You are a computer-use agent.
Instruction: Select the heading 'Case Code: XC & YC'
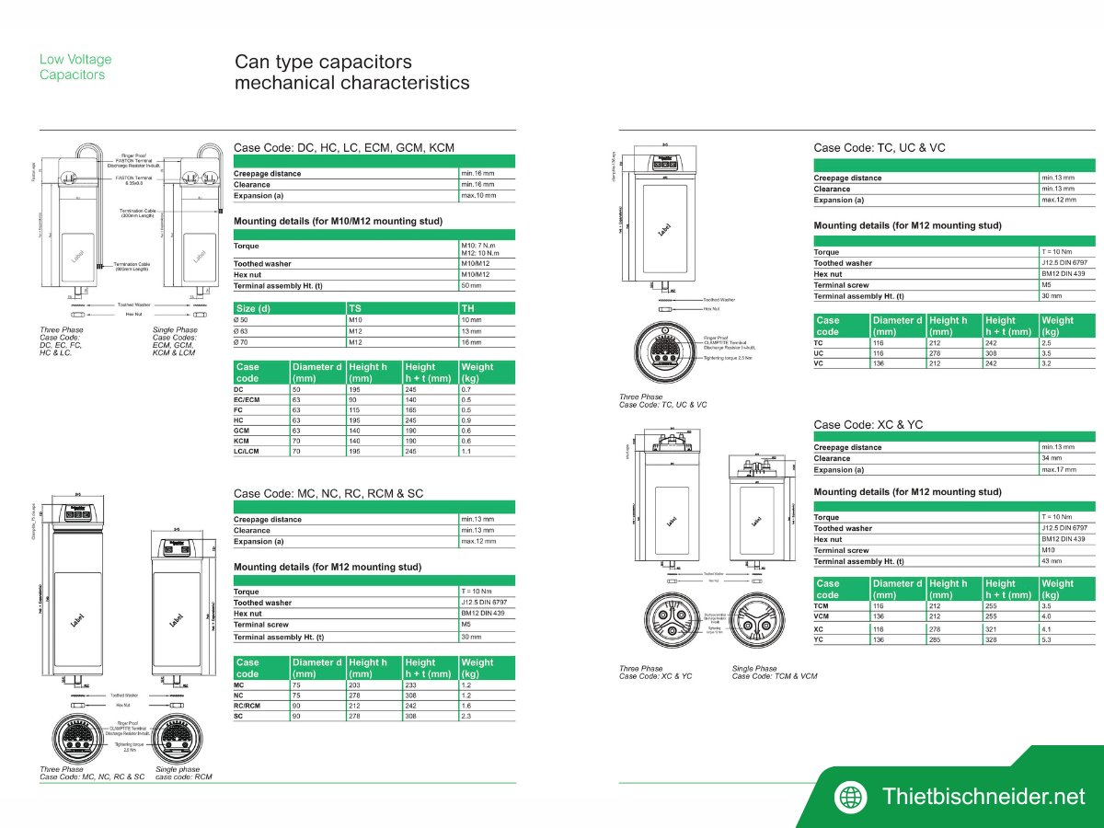tap(868, 424)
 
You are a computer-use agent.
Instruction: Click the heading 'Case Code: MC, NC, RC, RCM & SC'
tap(328, 493)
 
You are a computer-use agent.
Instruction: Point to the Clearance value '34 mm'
tap(1052, 458)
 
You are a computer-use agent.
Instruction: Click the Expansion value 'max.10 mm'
tap(477, 195)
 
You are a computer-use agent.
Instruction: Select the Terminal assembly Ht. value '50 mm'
tap(470, 286)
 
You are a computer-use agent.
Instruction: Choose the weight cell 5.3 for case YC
tap(1047, 639)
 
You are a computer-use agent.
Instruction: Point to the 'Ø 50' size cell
tap(245, 319)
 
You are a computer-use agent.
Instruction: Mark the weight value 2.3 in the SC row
tap(466, 715)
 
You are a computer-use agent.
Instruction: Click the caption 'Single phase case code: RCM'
tap(183, 773)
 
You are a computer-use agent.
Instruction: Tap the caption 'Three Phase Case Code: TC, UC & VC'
tap(662, 401)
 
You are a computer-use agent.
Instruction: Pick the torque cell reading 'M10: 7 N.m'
tap(478, 246)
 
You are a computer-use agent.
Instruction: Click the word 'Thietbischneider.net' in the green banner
tap(983, 797)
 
